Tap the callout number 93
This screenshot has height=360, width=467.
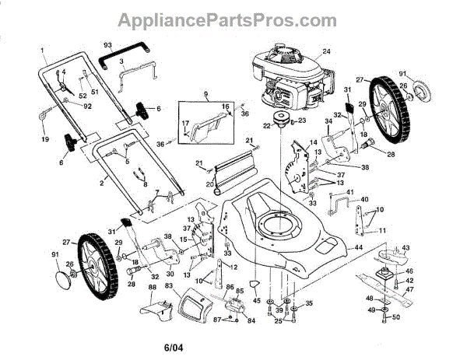pyautogui.click(x=108, y=45)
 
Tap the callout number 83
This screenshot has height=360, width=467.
pyautogui.click(x=168, y=286)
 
